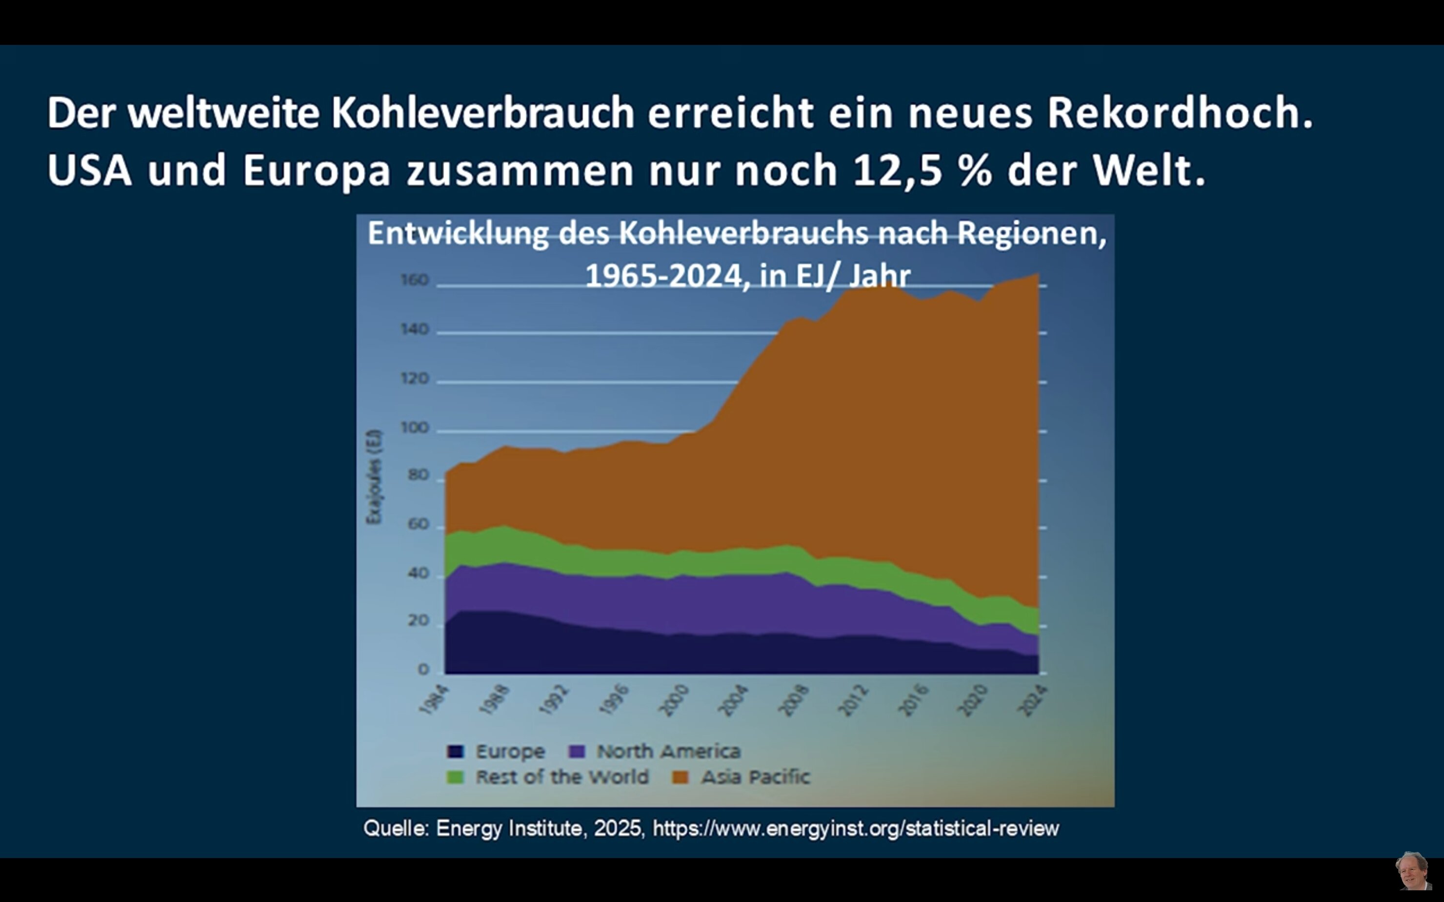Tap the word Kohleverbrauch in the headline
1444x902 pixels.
pyautogui.click(x=483, y=112)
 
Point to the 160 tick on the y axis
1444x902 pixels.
pyautogui.click(x=414, y=280)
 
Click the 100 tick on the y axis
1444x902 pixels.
pyautogui.click(x=414, y=428)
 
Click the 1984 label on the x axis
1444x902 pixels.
pyautogui.click(x=434, y=700)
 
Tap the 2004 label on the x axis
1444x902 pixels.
pyautogui.click(x=733, y=700)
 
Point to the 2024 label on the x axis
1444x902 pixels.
pyautogui.click(x=1032, y=700)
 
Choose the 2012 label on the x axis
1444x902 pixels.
pyautogui.click(x=853, y=700)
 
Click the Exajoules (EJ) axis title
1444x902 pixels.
pyautogui.click(x=374, y=477)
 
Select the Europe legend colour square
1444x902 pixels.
pyautogui.click(x=456, y=752)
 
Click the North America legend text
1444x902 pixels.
pyautogui.click(x=668, y=752)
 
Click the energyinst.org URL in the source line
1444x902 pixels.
pyautogui.click(x=856, y=829)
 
